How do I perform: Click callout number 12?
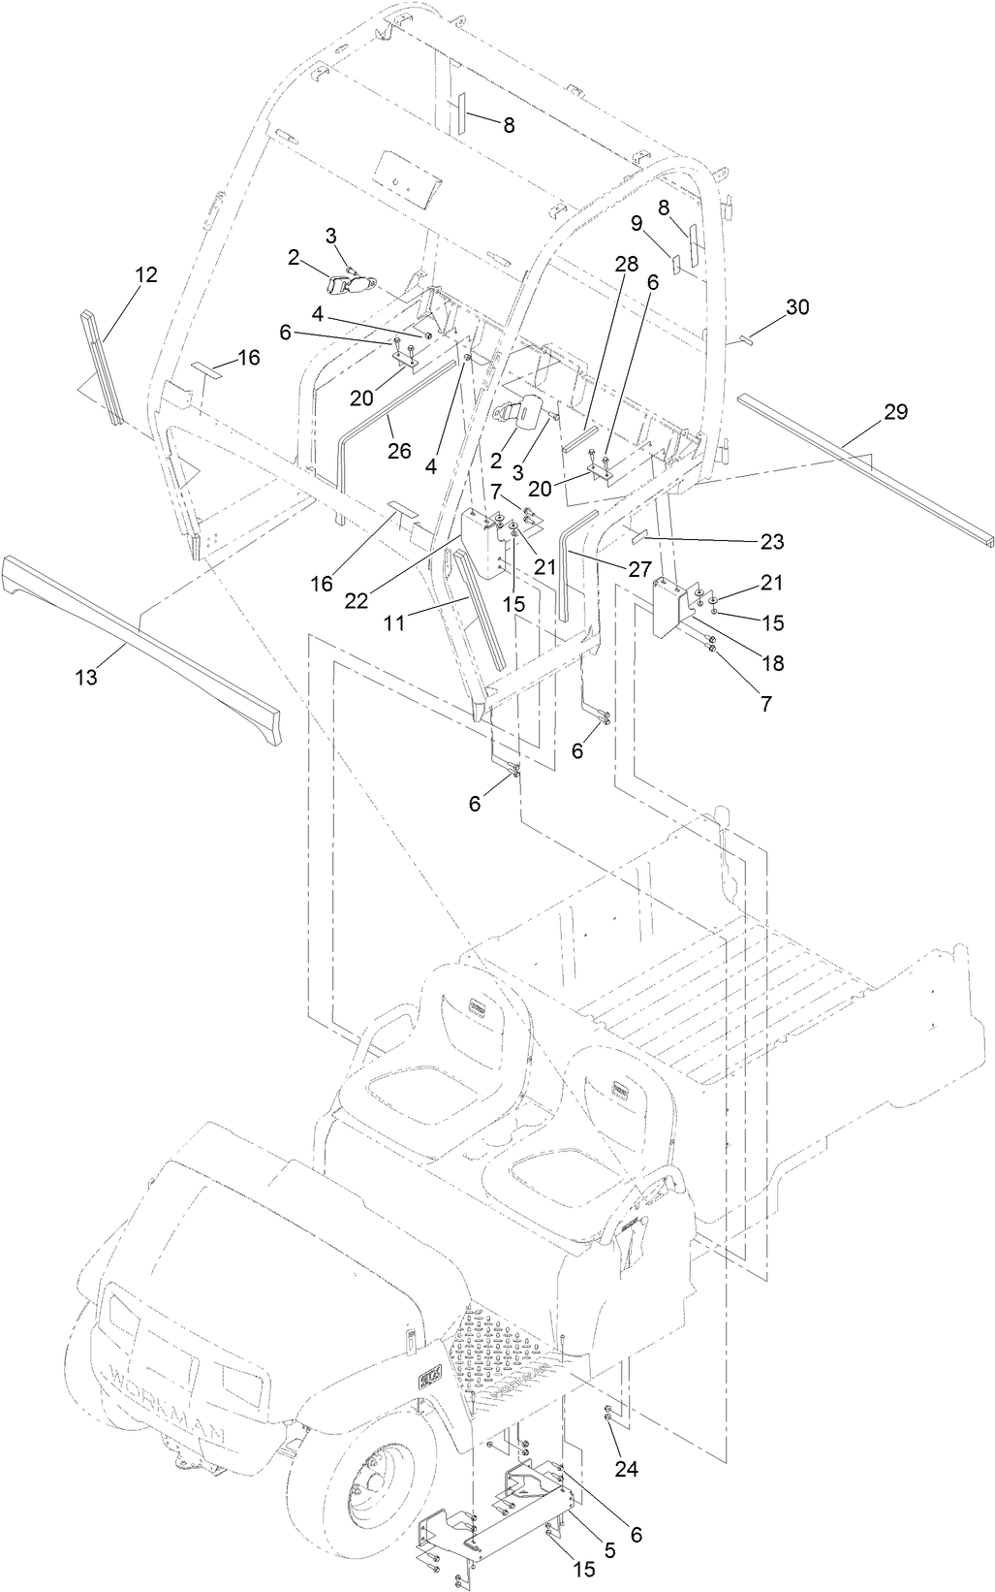tap(145, 275)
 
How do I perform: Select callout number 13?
tap(87, 678)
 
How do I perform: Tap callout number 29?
tap(895, 412)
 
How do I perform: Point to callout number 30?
tap(796, 307)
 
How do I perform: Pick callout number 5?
tap(609, 1550)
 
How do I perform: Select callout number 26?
tap(399, 451)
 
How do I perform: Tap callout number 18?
tap(772, 664)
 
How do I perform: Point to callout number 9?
tap(637, 224)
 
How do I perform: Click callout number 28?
tap(625, 264)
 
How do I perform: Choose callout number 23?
tap(772, 541)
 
